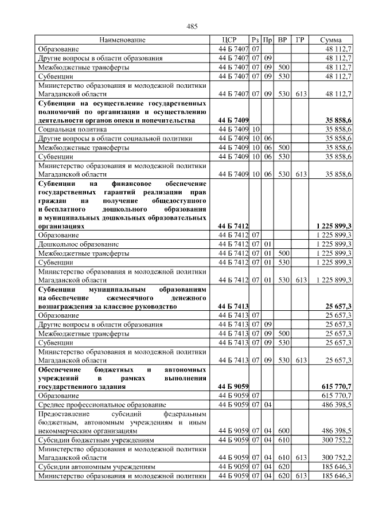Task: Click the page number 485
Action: coord(192,26)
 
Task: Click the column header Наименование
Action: coord(122,40)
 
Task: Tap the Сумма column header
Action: coord(331,40)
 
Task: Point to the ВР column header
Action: coord(282,40)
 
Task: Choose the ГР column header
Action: coord(300,40)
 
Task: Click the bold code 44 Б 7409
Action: coord(233,120)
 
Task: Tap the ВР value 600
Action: coord(283,430)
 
